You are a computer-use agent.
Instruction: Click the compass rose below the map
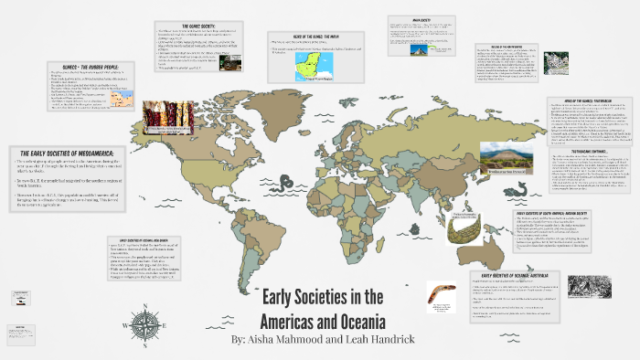click(x=147, y=324)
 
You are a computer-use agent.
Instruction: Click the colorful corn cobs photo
click(x=168, y=121)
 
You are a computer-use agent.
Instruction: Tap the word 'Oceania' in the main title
click(x=356, y=321)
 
